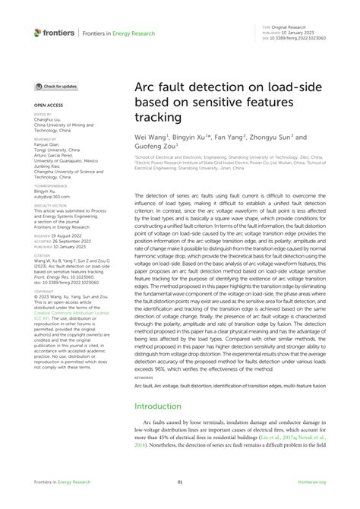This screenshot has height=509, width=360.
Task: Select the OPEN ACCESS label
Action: (47, 105)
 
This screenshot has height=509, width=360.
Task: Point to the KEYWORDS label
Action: (144, 376)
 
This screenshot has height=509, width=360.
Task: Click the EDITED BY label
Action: (43, 115)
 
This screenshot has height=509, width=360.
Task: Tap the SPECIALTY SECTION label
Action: (50, 204)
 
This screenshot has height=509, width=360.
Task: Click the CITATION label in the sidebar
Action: (42, 254)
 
